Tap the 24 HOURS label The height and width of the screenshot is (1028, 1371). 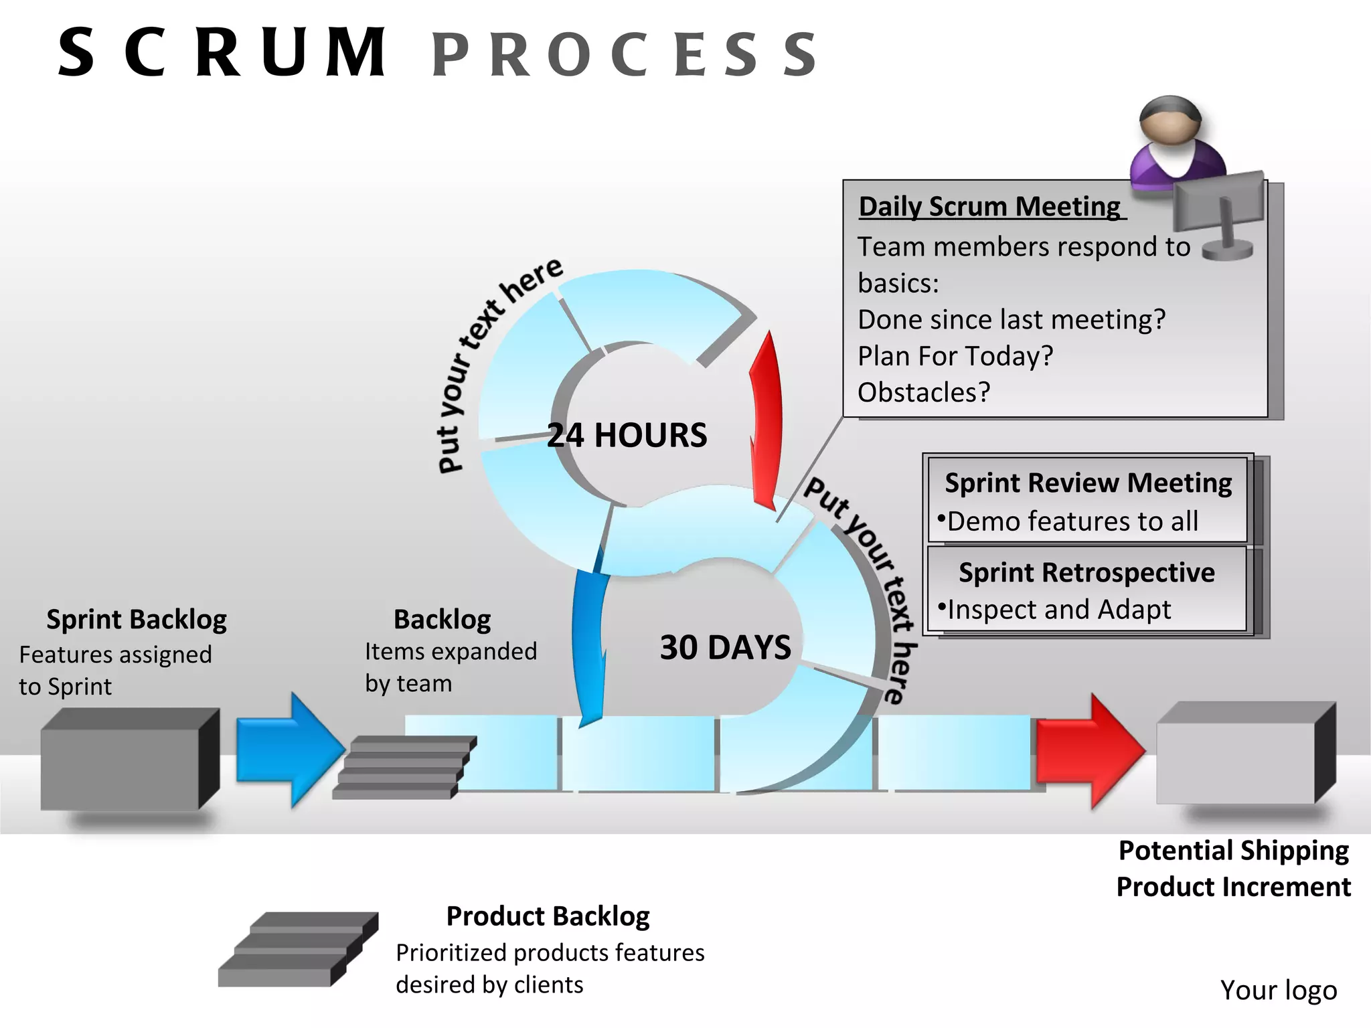627,435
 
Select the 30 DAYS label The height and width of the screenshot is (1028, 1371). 725,647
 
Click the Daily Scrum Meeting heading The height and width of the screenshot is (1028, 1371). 989,206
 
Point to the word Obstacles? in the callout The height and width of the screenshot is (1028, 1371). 923,392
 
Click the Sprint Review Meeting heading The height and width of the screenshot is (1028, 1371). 1087,483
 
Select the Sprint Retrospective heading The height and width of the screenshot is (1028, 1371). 1086,572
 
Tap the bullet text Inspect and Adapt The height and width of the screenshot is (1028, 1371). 1058,610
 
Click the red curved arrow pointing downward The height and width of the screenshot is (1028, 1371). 765,422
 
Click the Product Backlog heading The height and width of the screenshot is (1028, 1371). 548,916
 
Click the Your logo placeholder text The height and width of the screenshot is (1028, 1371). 1278,990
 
